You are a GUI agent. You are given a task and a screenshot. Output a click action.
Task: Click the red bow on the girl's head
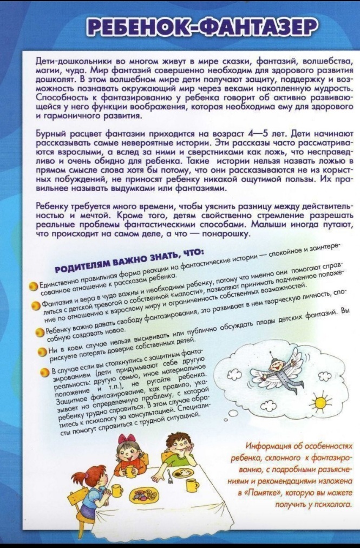(128, 439)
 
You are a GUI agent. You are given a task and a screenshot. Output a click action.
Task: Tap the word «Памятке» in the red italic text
(258, 493)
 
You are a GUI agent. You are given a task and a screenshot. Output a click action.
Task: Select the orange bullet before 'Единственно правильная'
(33, 285)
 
